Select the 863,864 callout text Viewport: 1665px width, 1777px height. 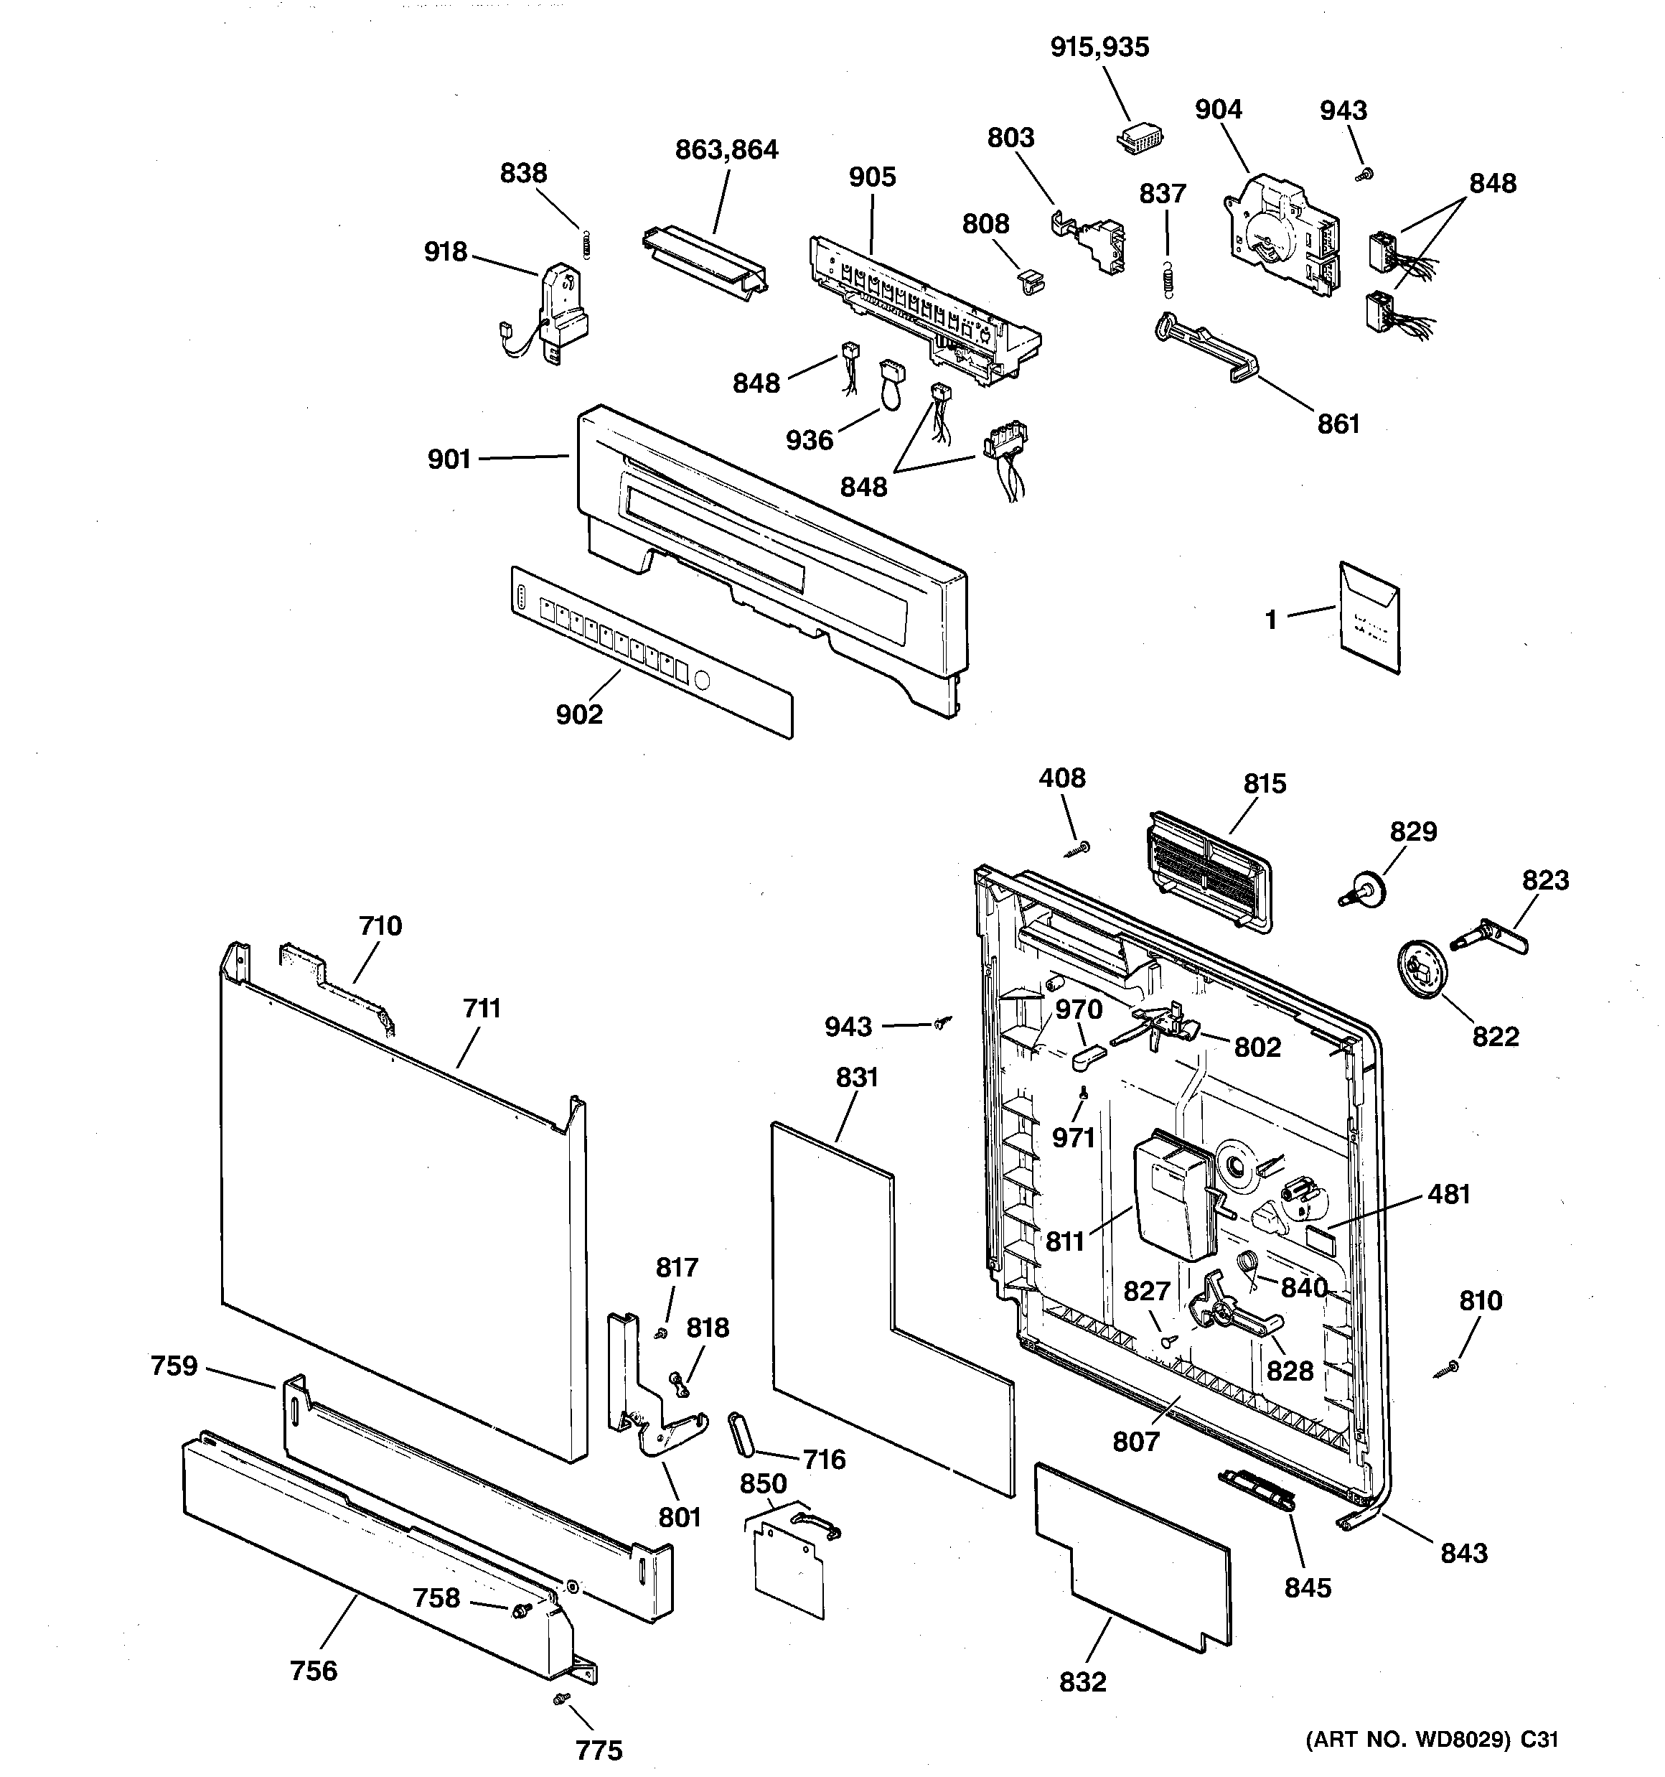pyautogui.click(x=726, y=149)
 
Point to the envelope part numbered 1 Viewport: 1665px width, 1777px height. pyautogui.click(x=1369, y=616)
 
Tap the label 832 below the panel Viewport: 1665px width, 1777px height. pyautogui.click(x=1082, y=1682)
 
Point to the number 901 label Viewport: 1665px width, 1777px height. pyautogui.click(x=449, y=460)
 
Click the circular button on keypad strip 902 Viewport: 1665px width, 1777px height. pyautogui.click(x=702, y=681)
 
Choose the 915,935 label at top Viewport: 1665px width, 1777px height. pyautogui.click(x=1099, y=47)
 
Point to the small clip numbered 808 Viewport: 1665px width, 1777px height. pyautogui.click(x=1031, y=281)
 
